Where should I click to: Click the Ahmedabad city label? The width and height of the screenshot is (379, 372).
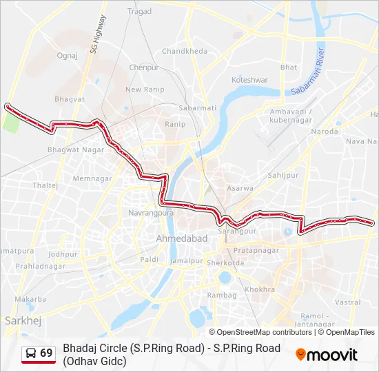point(182,238)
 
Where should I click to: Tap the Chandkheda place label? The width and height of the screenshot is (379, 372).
point(184,52)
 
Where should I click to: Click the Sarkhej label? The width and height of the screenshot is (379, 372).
point(19,320)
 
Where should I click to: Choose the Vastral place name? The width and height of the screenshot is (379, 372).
point(347,302)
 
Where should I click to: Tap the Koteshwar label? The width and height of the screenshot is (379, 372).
point(249,80)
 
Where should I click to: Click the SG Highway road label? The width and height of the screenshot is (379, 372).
point(96,34)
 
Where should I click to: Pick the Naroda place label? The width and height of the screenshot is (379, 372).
point(325,131)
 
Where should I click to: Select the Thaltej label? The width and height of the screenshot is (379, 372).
point(45,185)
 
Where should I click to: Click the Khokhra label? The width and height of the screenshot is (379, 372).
point(259,290)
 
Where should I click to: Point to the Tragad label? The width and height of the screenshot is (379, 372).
point(139,12)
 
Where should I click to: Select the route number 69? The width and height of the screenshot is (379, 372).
point(46,353)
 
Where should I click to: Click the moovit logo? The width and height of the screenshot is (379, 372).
point(327,355)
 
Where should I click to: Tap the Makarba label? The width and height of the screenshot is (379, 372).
point(31,299)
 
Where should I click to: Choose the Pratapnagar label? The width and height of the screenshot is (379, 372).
point(256,250)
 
